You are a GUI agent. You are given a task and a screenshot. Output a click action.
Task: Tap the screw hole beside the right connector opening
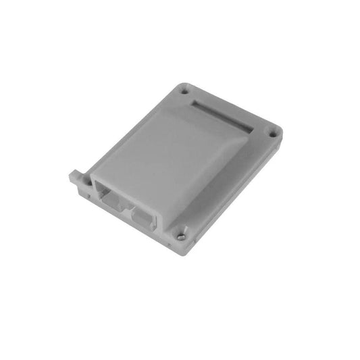(180, 236)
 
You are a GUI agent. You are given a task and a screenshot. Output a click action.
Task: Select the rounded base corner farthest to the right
(279, 130)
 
